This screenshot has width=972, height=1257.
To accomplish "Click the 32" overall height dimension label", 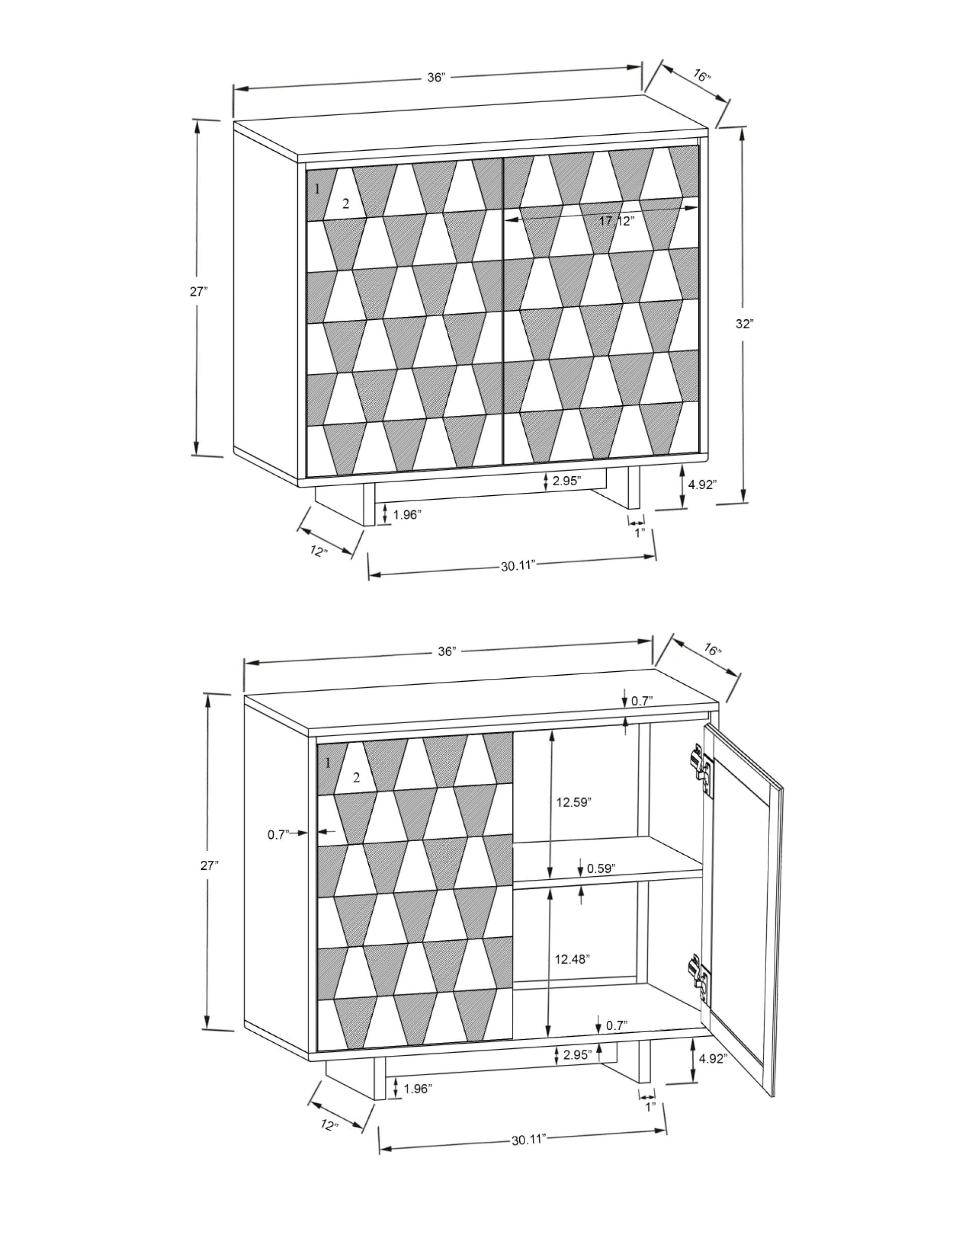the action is click(745, 324).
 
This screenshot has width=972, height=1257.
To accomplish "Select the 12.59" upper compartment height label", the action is click(574, 802).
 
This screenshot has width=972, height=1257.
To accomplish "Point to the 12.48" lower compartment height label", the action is click(573, 959).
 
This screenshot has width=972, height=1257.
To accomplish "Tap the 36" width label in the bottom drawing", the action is click(446, 651).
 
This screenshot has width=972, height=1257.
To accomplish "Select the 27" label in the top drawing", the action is click(199, 292).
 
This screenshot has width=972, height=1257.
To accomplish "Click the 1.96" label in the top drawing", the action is click(407, 514).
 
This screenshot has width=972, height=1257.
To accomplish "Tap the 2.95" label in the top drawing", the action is click(567, 481).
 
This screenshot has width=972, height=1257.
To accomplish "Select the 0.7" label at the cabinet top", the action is click(641, 701).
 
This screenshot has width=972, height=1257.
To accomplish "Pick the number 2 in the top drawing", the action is click(346, 203).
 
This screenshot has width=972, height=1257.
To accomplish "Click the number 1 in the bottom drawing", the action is click(328, 764).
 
